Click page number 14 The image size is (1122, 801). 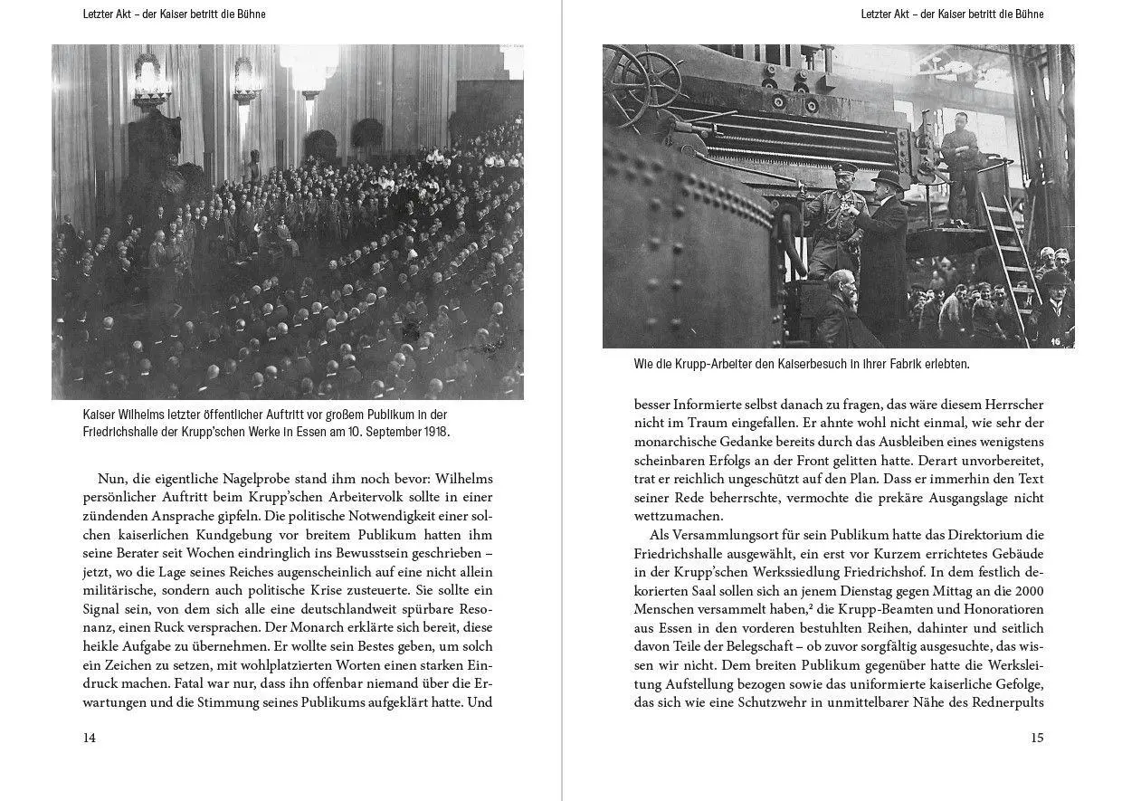[x=89, y=738]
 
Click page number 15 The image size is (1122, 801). [x=1037, y=738]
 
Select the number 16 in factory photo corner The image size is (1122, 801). [x=1056, y=341]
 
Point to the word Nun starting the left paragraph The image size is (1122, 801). [x=109, y=478]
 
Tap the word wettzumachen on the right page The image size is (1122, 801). [x=678, y=516]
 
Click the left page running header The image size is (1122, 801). [x=174, y=14]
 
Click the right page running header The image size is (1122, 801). [x=952, y=14]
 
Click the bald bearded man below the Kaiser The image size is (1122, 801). [x=840, y=288]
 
